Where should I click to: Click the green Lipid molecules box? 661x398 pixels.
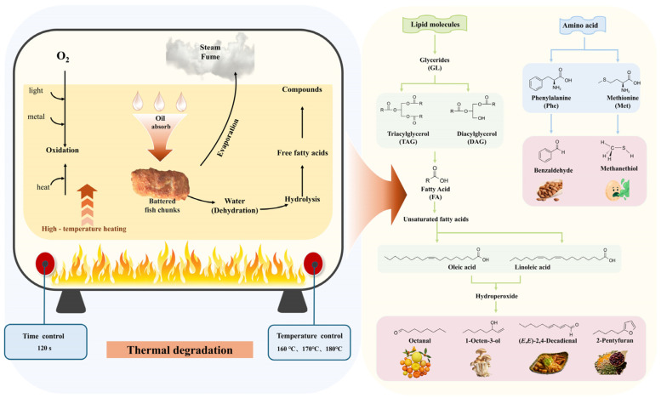(x=435, y=25)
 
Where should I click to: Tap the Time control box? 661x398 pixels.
(x=46, y=342)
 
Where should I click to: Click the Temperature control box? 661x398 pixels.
(x=309, y=342)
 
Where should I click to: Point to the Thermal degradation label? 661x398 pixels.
(x=179, y=350)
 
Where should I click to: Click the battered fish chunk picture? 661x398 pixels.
(x=160, y=184)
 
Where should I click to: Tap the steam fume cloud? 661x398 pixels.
(x=210, y=54)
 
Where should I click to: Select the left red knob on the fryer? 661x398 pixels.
(x=45, y=263)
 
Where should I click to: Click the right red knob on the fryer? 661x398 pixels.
(x=313, y=263)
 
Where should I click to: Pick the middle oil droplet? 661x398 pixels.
(x=159, y=101)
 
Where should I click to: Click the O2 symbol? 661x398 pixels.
(x=63, y=56)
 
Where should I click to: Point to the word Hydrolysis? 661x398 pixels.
(x=302, y=199)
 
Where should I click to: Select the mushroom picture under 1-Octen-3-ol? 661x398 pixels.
(x=482, y=361)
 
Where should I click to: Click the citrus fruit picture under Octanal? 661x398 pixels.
(x=416, y=362)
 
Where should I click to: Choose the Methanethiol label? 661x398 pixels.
(x=618, y=168)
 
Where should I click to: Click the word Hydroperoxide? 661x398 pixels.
(x=497, y=296)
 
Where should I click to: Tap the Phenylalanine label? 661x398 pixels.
(x=551, y=98)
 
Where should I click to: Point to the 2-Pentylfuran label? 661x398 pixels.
(x=614, y=340)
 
